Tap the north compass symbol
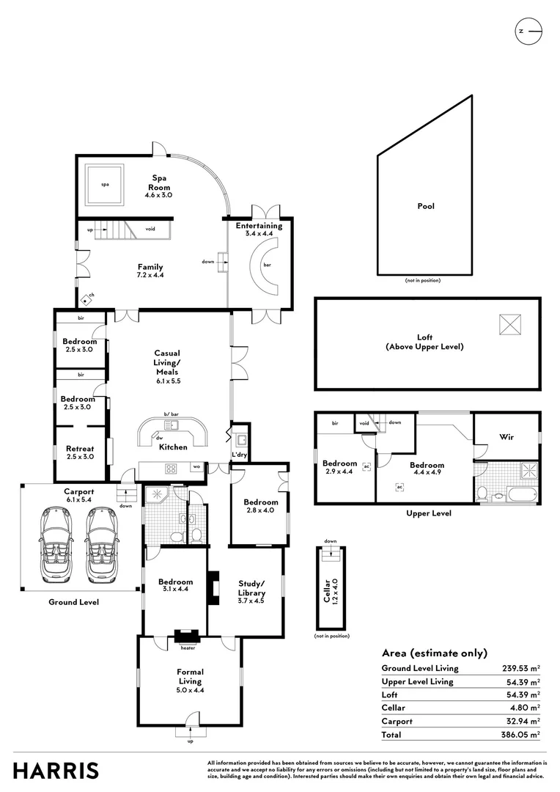pyautogui.click(x=528, y=31)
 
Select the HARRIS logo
pyautogui.click(x=56, y=770)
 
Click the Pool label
pyautogui.click(x=426, y=206)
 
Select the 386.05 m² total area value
pyautogui.click(x=523, y=734)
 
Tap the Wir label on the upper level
pyautogui.click(x=506, y=437)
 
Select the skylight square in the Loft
pyautogui.click(x=510, y=323)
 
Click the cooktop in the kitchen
pyautogui.click(x=171, y=469)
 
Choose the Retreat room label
pyautogui.click(x=80, y=453)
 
